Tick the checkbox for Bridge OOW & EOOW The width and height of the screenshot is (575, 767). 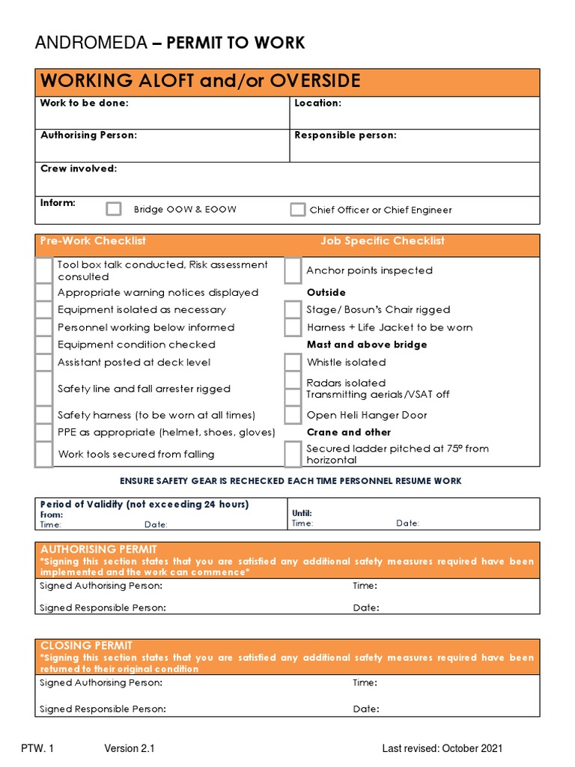tap(113, 209)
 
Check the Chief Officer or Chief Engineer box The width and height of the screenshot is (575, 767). tap(297, 210)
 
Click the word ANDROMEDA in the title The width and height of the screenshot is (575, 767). tap(91, 43)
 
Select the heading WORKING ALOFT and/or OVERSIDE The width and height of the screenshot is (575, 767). tap(200, 82)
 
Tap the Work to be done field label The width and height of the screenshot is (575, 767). tap(84, 103)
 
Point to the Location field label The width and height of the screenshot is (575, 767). tap(317, 103)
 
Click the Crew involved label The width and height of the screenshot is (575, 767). tap(78, 169)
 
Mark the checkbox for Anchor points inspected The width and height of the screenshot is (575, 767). tap(293, 270)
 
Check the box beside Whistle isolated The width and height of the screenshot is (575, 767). tap(293, 363)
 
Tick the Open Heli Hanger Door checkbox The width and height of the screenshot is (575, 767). tap(293, 415)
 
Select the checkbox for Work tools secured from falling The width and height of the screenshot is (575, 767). tap(44, 454)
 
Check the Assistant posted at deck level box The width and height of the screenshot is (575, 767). tap(44, 363)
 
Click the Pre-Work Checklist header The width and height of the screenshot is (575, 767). tap(93, 241)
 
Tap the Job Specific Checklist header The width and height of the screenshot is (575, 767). tap(382, 241)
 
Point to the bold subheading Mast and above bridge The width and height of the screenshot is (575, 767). tap(367, 345)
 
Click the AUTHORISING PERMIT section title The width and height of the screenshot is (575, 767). tap(99, 550)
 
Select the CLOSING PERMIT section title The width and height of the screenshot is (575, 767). tap(86, 646)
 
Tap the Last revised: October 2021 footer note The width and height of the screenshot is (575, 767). tap(442, 748)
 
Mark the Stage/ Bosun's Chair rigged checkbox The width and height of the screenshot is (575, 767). tap(293, 310)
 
